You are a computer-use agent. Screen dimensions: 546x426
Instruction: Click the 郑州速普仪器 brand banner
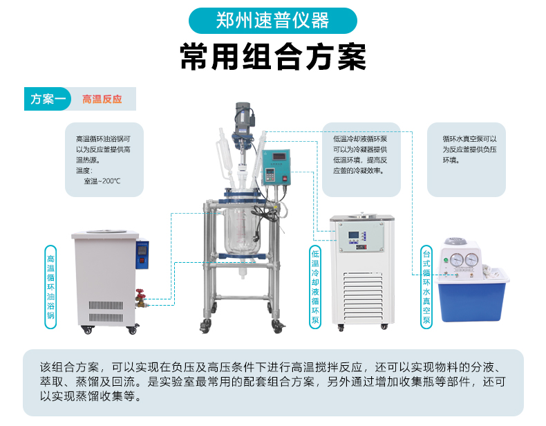[x=272, y=21]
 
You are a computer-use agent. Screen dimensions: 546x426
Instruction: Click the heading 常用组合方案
[x=273, y=57]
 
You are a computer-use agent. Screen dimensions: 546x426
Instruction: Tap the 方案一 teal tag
[x=48, y=99]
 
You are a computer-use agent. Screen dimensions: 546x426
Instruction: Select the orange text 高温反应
[x=102, y=100]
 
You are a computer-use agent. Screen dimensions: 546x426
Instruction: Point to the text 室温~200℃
[x=102, y=181]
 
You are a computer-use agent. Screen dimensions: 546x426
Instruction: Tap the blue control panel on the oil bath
[x=142, y=254]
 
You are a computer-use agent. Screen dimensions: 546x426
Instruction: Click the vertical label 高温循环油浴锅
[x=51, y=287]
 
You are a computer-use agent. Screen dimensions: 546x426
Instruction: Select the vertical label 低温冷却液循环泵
[x=315, y=287]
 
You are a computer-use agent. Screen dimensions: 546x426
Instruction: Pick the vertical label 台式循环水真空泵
[x=426, y=287]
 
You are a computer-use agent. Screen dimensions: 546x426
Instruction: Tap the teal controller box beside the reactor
[x=276, y=168]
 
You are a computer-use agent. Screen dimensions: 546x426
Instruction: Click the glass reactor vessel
[x=243, y=230]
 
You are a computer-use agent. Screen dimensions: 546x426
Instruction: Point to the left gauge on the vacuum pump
[x=457, y=259]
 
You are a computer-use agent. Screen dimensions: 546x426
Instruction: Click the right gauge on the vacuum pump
[x=471, y=259]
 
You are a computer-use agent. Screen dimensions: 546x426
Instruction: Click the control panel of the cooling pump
[x=361, y=237]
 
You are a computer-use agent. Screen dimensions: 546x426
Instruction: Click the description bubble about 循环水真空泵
[x=467, y=160]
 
